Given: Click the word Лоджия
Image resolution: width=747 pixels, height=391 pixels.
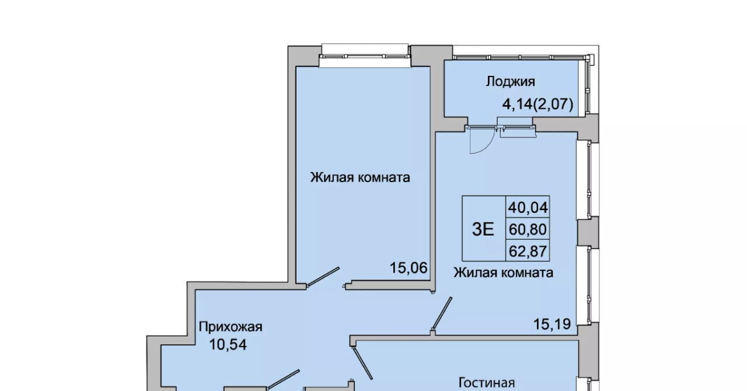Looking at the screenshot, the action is pyautogui.click(x=510, y=82).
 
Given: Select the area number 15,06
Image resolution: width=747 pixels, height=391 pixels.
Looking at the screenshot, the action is pyautogui.click(x=409, y=267).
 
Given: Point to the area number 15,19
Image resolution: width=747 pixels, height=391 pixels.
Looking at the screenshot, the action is pyautogui.click(x=552, y=324).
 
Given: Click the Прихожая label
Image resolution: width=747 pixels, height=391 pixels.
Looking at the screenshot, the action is pyautogui.click(x=231, y=327).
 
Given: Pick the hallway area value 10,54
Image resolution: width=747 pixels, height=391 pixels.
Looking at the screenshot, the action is pyautogui.click(x=228, y=345).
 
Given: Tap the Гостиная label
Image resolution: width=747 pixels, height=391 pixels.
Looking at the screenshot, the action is pyautogui.click(x=487, y=383).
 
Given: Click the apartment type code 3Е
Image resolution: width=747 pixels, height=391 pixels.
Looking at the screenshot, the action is pyautogui.click(x=483, y=229).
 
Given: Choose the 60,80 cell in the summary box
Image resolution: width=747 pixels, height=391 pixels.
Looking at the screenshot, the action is pyautogui.click(x=528, y=229).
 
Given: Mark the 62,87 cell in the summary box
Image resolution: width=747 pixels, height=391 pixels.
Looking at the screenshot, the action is pyautogui.click(x=528, y=251).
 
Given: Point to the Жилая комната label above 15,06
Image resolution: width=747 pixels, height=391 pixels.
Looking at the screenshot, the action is pyautogui.click(x=360, y=177).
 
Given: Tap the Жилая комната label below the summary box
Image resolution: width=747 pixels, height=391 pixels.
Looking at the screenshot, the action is pyautogui.click(x=503, y=273).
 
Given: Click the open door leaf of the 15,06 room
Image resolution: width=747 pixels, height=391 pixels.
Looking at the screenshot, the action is pyautogui.click(x=323, y=277).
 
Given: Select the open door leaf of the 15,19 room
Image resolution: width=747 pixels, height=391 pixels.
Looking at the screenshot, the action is pyautogui.click(x=442, y=313).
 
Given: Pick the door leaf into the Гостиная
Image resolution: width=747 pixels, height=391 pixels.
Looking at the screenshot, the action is pyautogui.click(x=362, y=364).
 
